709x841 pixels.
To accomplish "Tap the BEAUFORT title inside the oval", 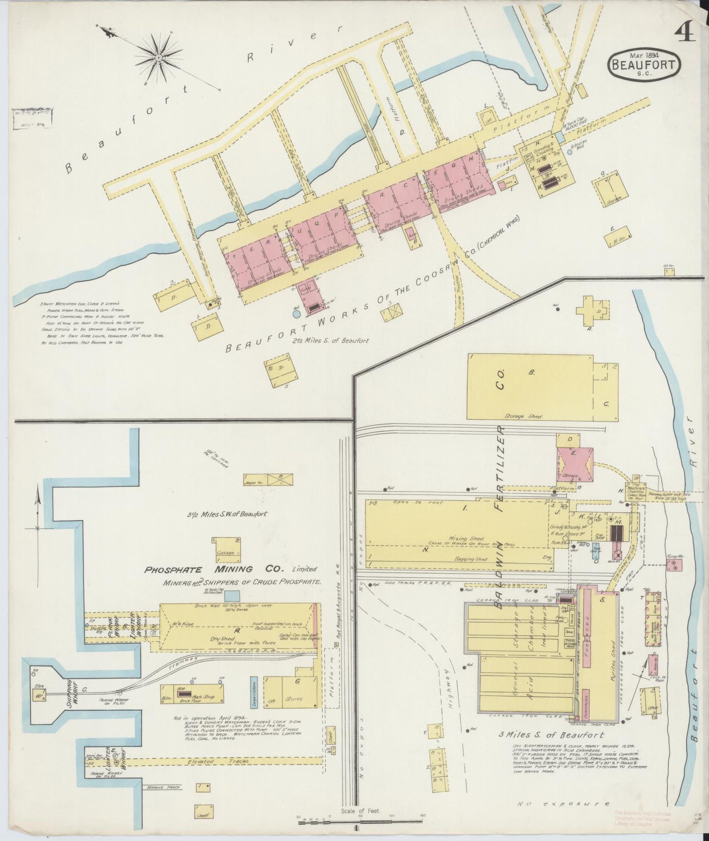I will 645,65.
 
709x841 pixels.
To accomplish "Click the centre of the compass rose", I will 159,57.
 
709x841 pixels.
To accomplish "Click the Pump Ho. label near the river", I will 675,556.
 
